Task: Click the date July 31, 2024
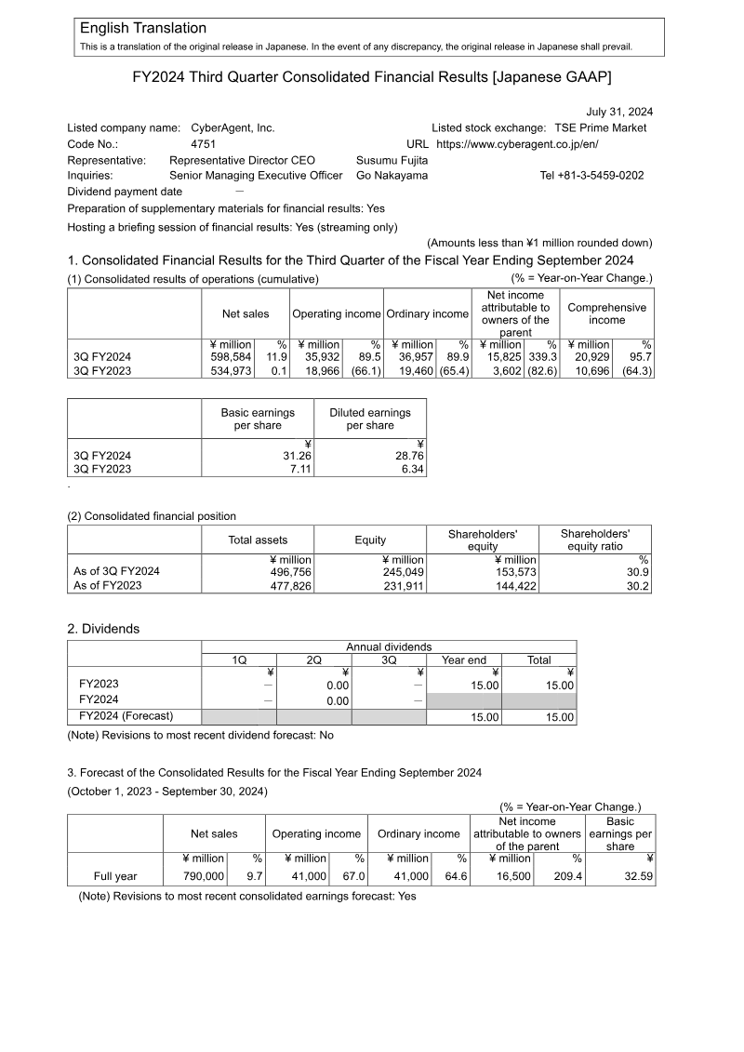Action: click(619, 112)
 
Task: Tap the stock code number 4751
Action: click(204, 144)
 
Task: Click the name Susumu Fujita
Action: click(392, 160)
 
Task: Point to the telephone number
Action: click(591, 175)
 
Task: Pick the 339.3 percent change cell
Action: click(540, 356)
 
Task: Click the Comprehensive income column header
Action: click(606, 313)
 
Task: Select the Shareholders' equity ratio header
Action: click(595, 539)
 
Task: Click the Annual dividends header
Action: click(389, 646)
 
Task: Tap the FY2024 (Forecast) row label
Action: click(126, 716)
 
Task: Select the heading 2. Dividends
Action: click(103, 629)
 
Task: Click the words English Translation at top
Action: click(143, 29)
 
